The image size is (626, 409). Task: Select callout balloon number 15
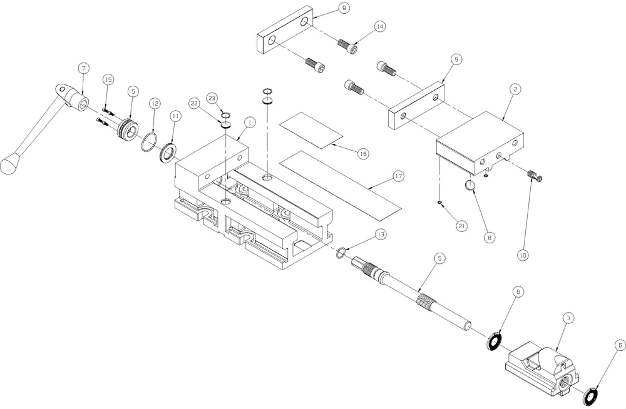tap(108, 80)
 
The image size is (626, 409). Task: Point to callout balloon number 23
tap(212, 98)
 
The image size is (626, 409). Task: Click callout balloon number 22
tap(195, 103)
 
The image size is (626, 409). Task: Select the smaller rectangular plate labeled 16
tap(311, 130)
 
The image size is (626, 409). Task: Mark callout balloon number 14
tap(380, 26)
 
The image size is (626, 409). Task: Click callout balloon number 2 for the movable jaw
tap(514, 89)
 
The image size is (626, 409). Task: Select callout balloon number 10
tap(523, 255)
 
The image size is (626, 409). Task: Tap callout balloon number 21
tap(461, 225)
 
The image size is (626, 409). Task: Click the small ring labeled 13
tap(341, 253)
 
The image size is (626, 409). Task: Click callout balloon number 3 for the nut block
tap(568, 318)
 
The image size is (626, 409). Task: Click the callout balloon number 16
tap(362, 153)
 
